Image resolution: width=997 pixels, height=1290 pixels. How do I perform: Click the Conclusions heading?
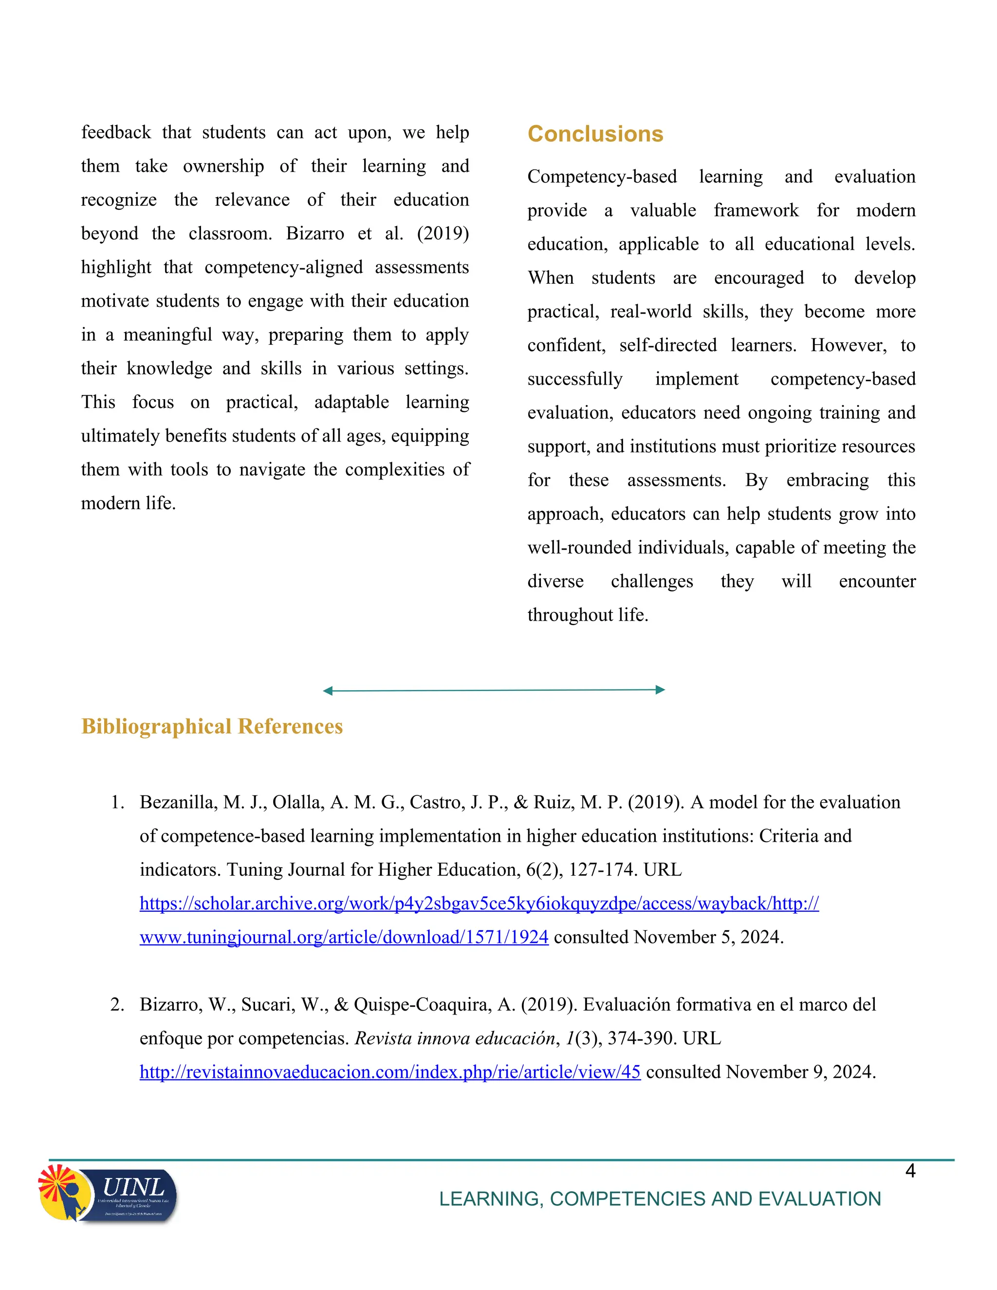tap(595, 134)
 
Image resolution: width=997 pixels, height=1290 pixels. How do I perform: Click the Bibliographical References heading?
tap(212, 726)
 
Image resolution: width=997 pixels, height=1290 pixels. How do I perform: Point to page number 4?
tap(910, 1171)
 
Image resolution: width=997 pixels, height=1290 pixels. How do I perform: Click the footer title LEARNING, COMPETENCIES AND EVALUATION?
tap(660, 1198)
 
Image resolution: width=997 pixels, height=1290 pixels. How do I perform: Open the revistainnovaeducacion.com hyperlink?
tap(390, 1071)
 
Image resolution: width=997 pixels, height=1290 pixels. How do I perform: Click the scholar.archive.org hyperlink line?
tap(479, 903)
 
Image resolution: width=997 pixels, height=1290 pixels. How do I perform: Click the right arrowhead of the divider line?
tap(660, 689)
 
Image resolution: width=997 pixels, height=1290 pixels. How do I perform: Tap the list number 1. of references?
tap(117, 802)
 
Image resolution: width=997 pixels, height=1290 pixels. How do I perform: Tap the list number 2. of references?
tap(117, 1004)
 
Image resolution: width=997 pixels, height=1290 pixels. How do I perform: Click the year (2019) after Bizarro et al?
tap(443, 233)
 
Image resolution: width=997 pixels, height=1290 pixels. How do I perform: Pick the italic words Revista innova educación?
tap(455, 1038)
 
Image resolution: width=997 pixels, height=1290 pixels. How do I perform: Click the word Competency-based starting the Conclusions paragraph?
tap(602, 177)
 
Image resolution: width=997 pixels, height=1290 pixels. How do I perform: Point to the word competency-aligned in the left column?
tap(283, 267)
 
